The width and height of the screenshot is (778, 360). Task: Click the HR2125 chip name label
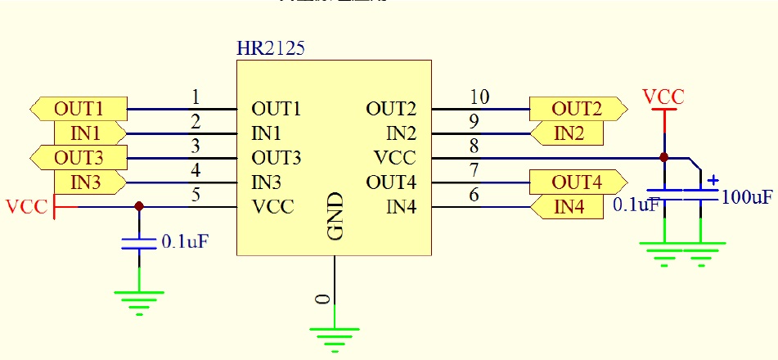coord(270,49)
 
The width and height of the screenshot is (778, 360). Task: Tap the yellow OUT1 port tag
coord(79,108)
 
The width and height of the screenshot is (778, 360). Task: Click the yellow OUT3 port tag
coord(79,157)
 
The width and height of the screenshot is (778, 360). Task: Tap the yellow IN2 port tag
coord(568,133)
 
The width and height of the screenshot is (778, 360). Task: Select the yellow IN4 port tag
coord(568,207)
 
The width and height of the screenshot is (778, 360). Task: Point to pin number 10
coord(480,97)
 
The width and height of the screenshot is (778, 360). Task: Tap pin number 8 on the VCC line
coord(475,147)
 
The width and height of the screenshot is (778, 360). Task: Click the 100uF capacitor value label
coord(747,197)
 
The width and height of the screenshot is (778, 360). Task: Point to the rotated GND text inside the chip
coord(335,216)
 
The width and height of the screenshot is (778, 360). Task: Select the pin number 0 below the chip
coord(325,299)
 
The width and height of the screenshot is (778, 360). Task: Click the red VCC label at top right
coord(663,97)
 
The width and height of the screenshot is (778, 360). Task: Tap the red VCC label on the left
coord(26,206)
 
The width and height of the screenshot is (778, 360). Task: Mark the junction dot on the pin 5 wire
coord(139,206)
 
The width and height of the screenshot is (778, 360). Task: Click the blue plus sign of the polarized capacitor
coord(713,179)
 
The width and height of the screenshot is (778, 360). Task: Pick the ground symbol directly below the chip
coord(334,335)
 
